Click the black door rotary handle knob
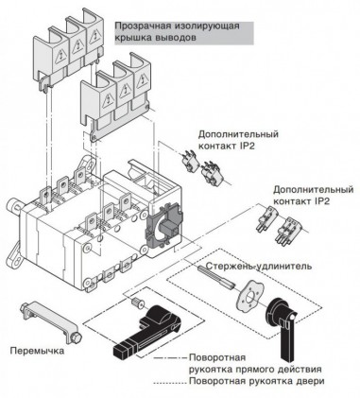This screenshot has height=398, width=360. pyautogui.click(x=289, y=321)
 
